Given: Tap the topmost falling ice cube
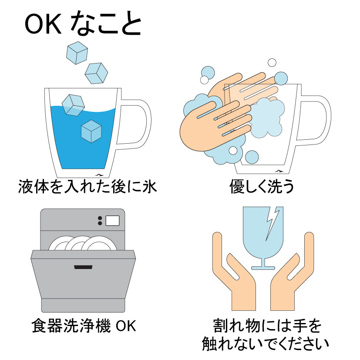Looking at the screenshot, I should point(77,54).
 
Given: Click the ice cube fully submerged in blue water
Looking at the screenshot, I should point(91,131).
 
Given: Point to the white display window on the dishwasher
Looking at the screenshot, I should point(112,220).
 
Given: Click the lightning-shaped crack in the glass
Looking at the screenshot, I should point(273,222).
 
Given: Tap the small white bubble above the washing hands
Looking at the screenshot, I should point(272,63).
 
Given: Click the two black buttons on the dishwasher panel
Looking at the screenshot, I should point(100,221).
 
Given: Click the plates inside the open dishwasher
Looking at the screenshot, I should point(83,243).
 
